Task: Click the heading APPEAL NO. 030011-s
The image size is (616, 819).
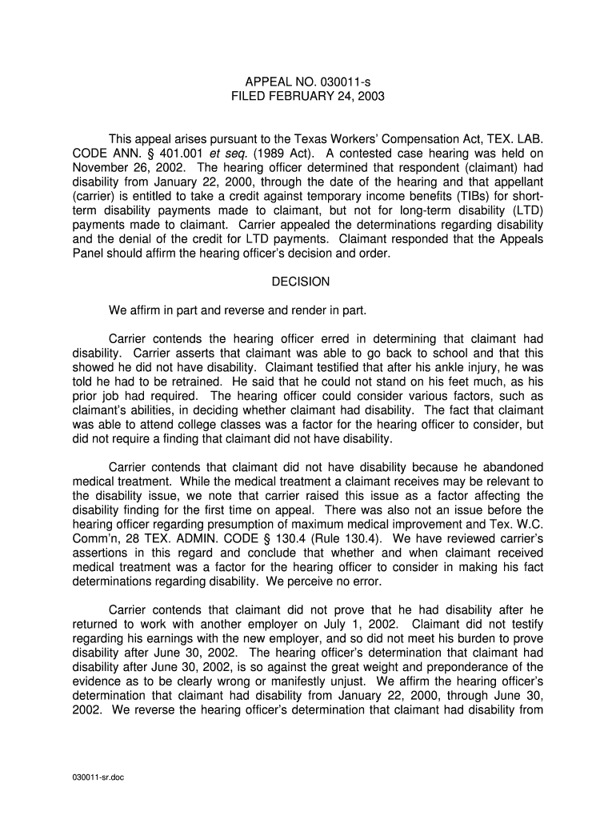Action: tap(308, 82)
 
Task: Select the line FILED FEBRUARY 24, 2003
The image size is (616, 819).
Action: tap(308, 96)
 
